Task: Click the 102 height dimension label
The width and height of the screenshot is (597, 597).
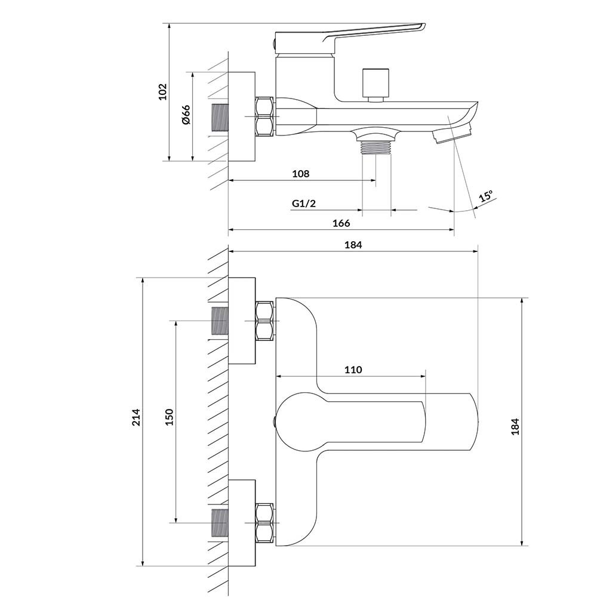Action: [x=163, y=92]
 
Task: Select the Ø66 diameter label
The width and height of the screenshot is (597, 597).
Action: [x=186, y=115]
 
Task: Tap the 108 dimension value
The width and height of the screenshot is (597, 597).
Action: [x=301, y=174]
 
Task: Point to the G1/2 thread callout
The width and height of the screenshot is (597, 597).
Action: [x=304, y=204]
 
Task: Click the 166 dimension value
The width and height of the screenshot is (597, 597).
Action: [x=341, y=223]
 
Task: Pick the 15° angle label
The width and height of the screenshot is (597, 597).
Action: [x=486, y=196]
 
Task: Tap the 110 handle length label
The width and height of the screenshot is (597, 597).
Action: [x=353, y=370]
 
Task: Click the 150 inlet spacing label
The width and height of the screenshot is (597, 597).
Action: [x=169, y=417]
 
